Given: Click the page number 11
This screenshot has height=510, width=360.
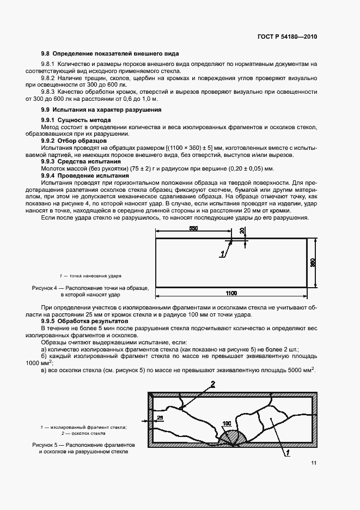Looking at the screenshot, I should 314,463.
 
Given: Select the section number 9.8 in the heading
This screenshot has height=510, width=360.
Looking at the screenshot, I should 45,53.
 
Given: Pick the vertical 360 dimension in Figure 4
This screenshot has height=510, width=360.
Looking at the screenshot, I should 313,263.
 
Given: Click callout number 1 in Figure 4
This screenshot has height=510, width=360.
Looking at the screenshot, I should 222,254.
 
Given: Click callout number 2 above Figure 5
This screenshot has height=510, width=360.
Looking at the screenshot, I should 213,384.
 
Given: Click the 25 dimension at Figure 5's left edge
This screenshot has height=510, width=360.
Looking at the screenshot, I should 159,417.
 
